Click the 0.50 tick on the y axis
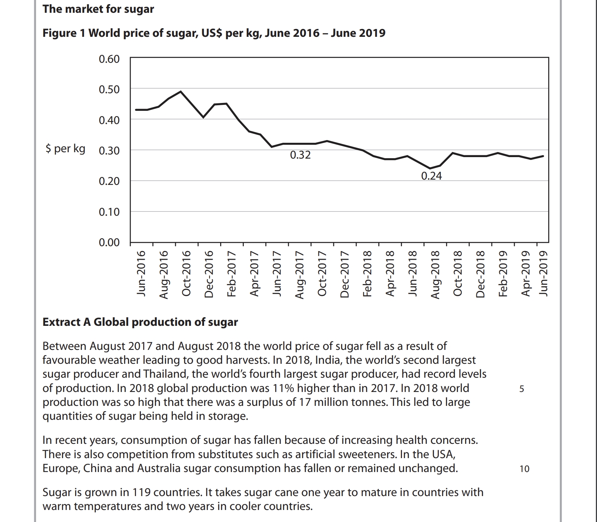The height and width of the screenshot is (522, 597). (109, 90)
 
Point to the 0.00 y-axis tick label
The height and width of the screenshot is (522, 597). (109, 242)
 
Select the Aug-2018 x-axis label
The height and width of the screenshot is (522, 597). (435, 274)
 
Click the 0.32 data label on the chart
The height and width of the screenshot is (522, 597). (300, 155)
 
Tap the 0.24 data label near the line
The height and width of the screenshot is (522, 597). (431, 176)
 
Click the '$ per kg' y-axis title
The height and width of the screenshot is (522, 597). (65, 149)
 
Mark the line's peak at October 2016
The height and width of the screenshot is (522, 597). (181, 91)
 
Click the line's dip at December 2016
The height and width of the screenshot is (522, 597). (203, 117)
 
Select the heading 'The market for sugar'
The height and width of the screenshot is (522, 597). (98, 9)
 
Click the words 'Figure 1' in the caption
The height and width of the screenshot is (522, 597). (64, 33)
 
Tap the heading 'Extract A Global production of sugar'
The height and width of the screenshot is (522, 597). (140, 322)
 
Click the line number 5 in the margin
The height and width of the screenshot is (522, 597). (521, 389)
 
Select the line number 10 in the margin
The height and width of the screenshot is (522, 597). (524, 469)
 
